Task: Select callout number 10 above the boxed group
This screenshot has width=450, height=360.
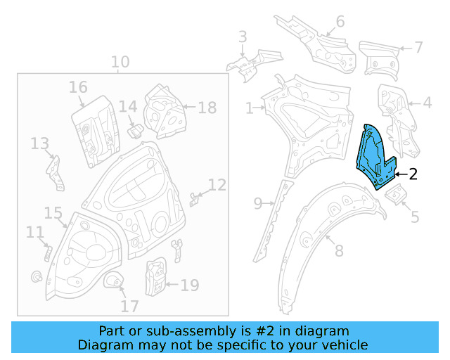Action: tap(120, 62)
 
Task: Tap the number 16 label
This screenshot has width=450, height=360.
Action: tap(78, 87)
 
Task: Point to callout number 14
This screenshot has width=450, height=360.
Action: tap(127, 107)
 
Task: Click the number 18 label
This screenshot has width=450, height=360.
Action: tap(207, 108)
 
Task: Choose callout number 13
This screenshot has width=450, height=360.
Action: tap(39, 143)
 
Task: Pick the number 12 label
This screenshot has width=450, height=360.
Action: tap(217, 185)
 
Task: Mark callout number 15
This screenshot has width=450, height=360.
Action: tap(53, 212)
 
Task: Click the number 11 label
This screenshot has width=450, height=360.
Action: tap(34, 232)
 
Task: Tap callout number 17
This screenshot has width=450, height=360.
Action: tap(129, 307)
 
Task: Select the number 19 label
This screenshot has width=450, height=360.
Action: tap(190, 285)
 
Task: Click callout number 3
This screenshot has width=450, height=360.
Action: tap(243, 37)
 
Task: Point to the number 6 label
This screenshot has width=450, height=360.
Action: tap(340, 22)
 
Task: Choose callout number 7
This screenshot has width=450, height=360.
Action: tap(418, 48)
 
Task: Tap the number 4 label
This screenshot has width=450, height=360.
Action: tap(427, 103)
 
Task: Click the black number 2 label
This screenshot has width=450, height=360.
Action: tap(413, 174)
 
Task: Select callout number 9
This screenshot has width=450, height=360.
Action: tap(258, 204)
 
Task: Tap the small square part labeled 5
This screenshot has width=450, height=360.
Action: tap(394, 193)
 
